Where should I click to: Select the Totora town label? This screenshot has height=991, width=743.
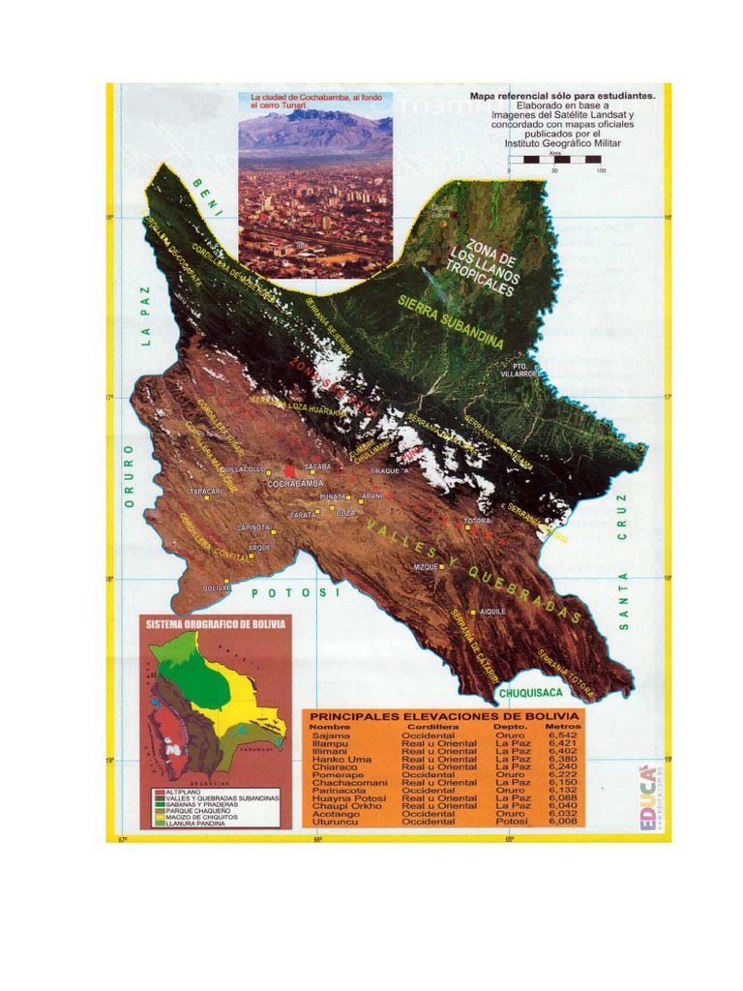[477, 521]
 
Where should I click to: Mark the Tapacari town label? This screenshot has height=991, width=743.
[207, 492]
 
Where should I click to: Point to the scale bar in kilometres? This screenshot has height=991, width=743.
[554, 160]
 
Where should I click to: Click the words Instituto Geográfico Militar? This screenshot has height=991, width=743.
[562, 143]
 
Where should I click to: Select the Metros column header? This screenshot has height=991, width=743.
[563, 726]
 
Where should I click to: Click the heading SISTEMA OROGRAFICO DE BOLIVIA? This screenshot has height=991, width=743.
[215, 625]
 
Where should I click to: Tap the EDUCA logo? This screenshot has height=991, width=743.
[646, 797]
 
